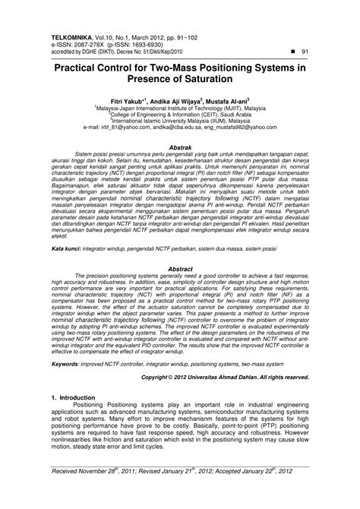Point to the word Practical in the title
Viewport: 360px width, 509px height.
click(85, 66)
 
